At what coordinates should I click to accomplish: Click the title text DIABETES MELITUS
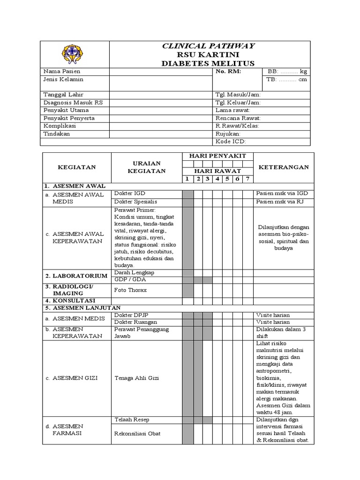tap(209, 63)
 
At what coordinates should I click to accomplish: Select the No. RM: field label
tap(228, 72)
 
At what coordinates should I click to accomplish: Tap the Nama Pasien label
tap(62, 72)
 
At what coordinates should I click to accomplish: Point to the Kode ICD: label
tap(231, 142)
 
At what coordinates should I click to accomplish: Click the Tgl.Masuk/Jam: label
tap(238, 95)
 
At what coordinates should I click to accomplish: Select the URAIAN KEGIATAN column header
tap(146, 167)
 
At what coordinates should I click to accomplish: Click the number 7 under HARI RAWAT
tap(248, 179)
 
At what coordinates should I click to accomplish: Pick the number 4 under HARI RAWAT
tap(217, 179)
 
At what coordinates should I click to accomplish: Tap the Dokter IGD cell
tap(127, 193)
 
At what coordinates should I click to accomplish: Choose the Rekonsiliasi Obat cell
tap(137, 434)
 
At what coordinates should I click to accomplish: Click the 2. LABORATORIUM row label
tap(76, 276)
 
